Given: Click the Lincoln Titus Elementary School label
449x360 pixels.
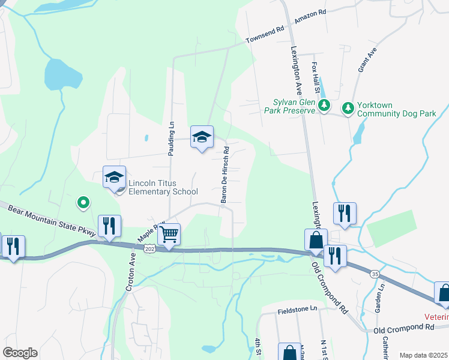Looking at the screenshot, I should click(163, 187).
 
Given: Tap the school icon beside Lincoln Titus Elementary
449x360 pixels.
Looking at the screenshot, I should click(114, 177).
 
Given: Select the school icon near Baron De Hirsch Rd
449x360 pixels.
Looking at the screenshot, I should click(202, 137).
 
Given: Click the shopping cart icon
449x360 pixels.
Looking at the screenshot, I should click(170, 233).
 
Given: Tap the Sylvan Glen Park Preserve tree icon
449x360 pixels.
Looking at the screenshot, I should click(324, 106).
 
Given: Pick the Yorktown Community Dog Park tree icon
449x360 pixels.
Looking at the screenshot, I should click(348, 108).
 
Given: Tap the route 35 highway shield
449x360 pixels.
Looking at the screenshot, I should click(375, 274).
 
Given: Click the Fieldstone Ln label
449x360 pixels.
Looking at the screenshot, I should click(297, 309).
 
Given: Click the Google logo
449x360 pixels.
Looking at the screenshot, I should click(20, 353).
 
